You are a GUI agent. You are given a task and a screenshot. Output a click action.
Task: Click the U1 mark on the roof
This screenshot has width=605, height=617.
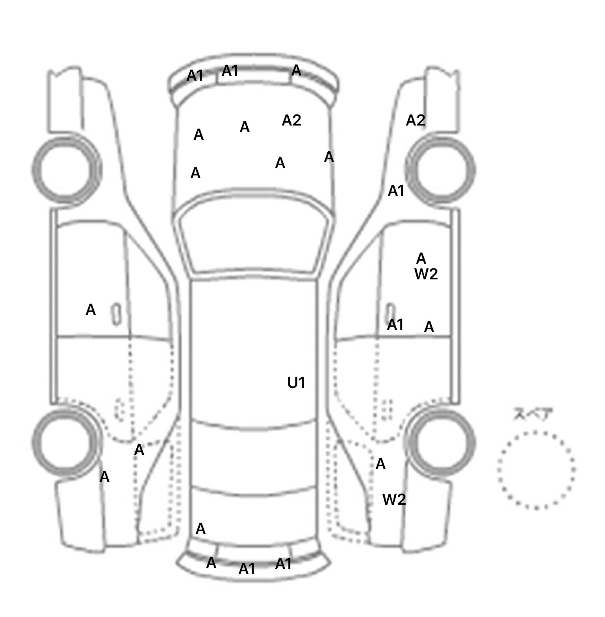pyautogui.click(x=296, y=382)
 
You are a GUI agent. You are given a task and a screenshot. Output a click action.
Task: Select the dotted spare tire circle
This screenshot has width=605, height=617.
pyautogui.click(x=536, y=469)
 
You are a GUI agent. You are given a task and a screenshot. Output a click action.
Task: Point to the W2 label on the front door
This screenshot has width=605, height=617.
pyautogui.click(x=426, y=274)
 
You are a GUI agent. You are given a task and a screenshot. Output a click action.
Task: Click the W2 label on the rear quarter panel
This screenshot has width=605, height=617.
pyautogui.click(x=394, y=499)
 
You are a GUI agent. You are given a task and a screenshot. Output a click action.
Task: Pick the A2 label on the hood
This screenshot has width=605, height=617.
pyautogui.click(x=291, y=120)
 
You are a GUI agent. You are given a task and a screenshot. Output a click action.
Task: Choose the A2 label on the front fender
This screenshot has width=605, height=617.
pyautogui.click(x=416, y=120)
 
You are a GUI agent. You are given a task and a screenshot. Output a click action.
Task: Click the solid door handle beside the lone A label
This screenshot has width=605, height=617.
pyautogui.click(x=116, y=314)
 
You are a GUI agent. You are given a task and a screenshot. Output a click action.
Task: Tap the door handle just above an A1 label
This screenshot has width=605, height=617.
pyautogui.click(x=390, y=311)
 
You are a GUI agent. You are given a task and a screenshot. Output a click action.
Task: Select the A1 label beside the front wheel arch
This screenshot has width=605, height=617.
pyautogui.click(x=396, y=191)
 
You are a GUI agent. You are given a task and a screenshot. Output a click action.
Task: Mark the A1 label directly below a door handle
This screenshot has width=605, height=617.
pyautogui.click(x=395, y=325)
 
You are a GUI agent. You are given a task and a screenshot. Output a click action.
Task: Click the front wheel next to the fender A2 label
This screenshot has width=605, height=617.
pyautogui.click(x=441, y=171)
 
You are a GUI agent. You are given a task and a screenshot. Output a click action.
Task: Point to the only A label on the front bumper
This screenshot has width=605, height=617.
pyautogui.click(x=296, y=71)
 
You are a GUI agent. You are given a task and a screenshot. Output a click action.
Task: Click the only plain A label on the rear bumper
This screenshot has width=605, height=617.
pyautogui.click(x=211, y=563)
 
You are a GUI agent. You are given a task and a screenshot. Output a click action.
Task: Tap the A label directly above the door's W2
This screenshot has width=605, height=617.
pyautogui.click(x=421, y=259)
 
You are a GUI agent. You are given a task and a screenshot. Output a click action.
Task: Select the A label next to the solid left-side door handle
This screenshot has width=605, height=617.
pyautogui.click(x=91, y=310)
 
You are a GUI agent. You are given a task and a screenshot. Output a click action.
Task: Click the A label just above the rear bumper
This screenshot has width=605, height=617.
pyautogui.click(x=200, y=529)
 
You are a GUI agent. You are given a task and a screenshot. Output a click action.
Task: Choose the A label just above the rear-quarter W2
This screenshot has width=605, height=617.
pyautogui.click(x=380, y=464)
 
